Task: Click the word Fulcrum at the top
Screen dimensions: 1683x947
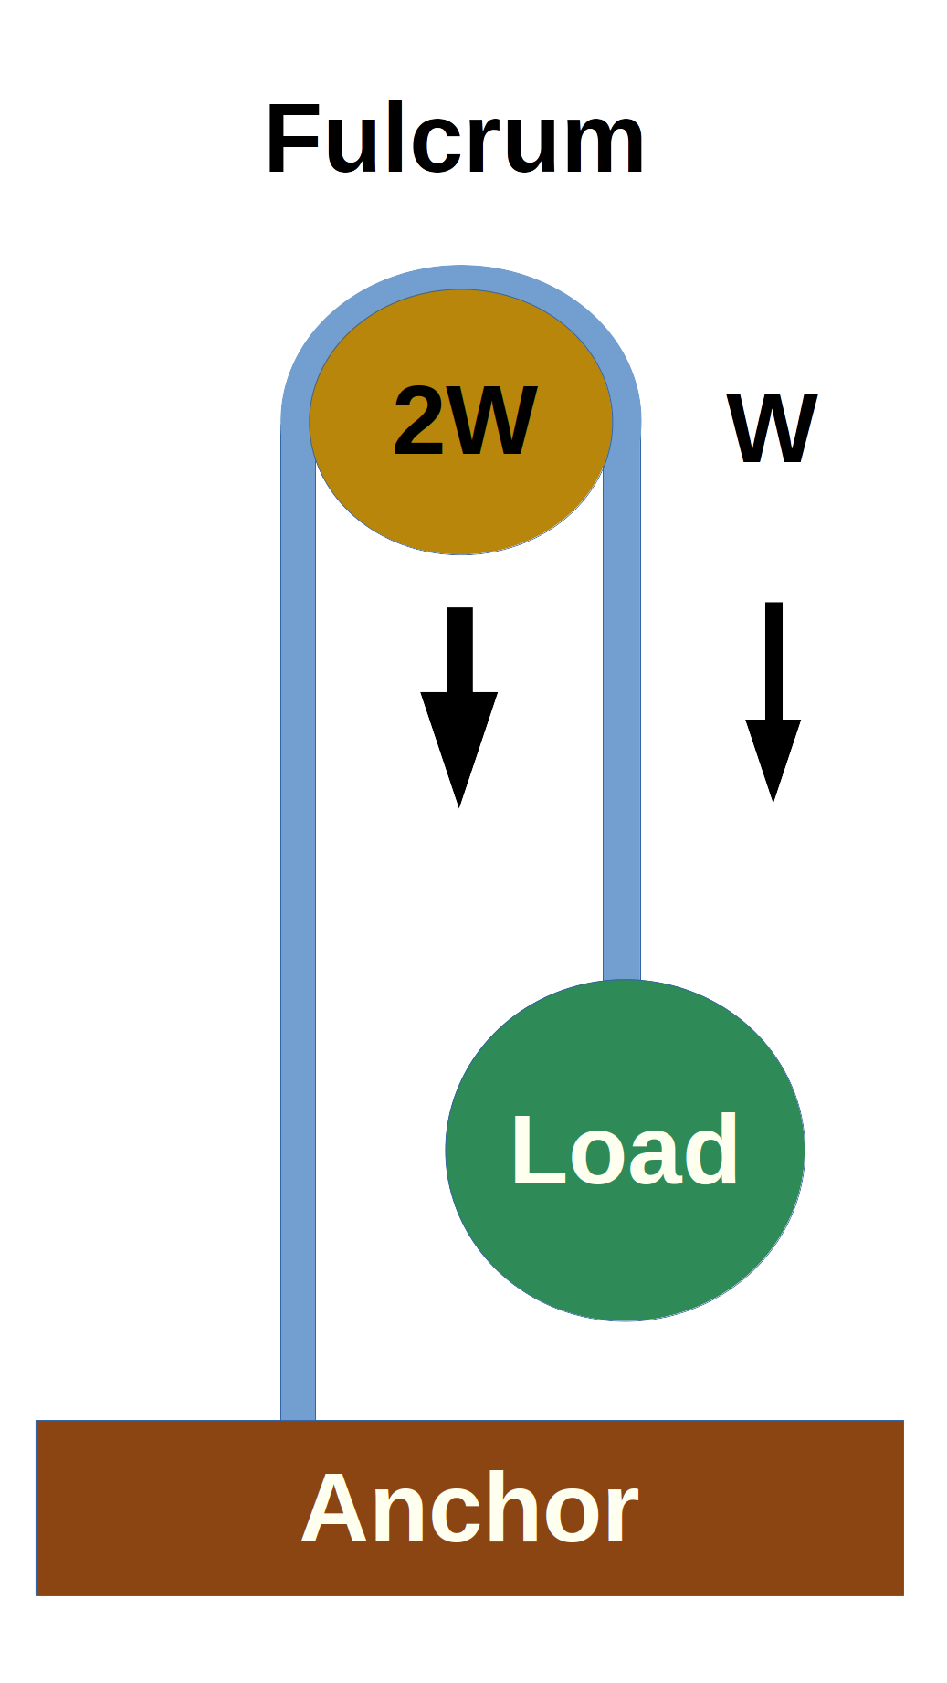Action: pyautogui.click(x=455, y=140)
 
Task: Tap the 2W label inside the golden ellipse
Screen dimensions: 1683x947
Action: pyautogui.click(x=464, y=421)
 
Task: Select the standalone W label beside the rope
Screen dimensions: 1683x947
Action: pyautogui.click(x=772, y=429)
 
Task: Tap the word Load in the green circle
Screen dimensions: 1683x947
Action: pyautogui.click(x=625, y=1151)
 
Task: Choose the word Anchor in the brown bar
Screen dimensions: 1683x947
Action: pyautogui.click(x=469, y=1510)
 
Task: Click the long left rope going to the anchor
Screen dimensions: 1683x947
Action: pyautogui.click(x=298, y=913)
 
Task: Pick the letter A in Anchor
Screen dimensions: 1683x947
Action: pyautogui.click(x=335, y=1509)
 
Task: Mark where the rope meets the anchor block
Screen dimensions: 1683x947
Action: pyautogui.click(x=298, y=1419)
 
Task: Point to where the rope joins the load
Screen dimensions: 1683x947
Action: pyautogui.click(x=622, y=980)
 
